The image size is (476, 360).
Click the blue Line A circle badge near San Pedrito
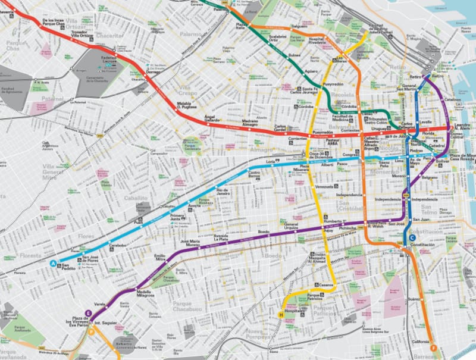pos(54,263)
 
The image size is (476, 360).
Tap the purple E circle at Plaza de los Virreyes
pos(89,313)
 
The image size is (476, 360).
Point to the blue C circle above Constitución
pos(412,238)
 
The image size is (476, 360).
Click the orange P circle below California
pos(434,348)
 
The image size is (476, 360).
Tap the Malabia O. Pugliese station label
pos(188,105)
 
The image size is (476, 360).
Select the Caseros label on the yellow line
pos(325,285)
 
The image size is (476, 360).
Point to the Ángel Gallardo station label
pos(213,119)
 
